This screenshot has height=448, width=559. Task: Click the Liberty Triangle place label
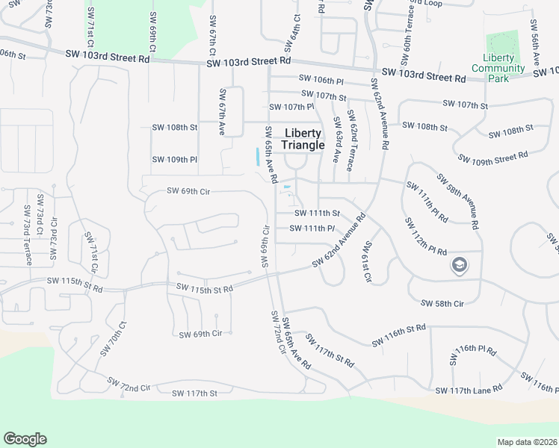pyautogui.click(x=304, y=139)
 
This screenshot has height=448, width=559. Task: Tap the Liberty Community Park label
pyautogui.click(x=499, y=68)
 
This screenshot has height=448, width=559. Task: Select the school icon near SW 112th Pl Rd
pyautogui.click(x=457, y=265)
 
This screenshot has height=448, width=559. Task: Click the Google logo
pyautogui.click(x=25, y=439)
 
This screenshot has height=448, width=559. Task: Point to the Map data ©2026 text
pyautogui.click(x=528, y=442)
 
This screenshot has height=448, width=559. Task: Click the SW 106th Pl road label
pyautogui.click(x=321, y=79)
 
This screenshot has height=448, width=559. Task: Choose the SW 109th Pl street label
pyautogui.click(x=174, y=160)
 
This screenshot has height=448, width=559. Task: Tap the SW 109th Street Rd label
pyautogui.click(x=492, y=158)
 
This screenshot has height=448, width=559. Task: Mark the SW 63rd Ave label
pyautogui.click(x=337, y=140)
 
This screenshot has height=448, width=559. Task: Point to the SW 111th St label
pyautogui.click(x=315, y=214)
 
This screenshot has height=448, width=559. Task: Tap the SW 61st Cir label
pyautogui.click(x=367, y=262)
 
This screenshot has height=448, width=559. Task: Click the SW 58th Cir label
pyautogui.click(x=442, y=303)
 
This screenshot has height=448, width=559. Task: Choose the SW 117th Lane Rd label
pyautogui.click(x=469, y=391)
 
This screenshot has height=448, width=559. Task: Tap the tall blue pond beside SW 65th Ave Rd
pyautogui.click(x=257, y=157)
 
